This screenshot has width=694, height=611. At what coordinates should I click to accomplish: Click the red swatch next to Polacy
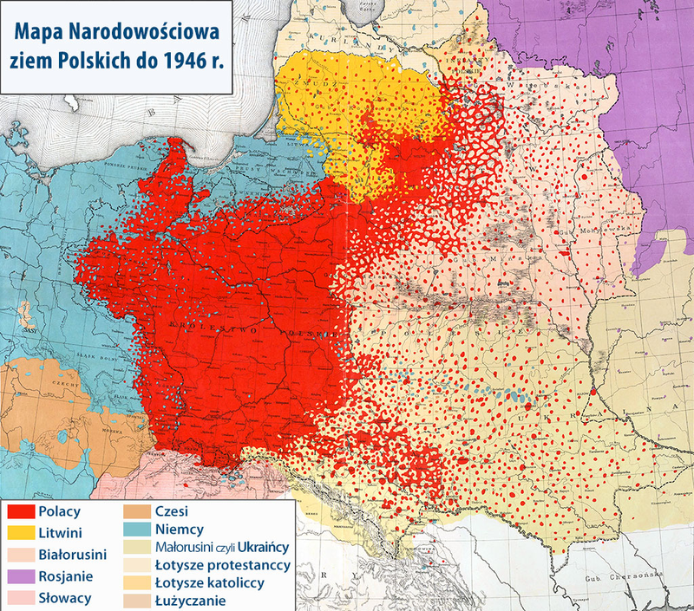[x=21, y=511]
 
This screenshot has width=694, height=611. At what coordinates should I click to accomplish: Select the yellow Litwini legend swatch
[x=21, y=532]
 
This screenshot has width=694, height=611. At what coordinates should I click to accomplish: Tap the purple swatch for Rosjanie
[x=21, y=576]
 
